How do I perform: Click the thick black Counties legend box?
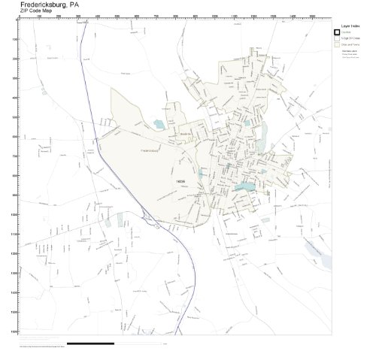coord(338,32)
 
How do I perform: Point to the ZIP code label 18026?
coord(180,180)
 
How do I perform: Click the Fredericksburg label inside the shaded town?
coord(148,150)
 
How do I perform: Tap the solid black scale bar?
coord(90,343)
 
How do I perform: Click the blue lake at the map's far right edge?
coord(326,262)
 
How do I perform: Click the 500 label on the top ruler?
coord(117,16)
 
